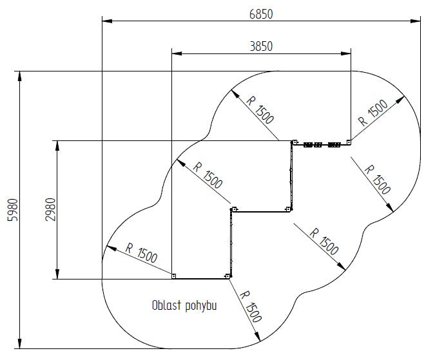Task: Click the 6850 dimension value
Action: pos(261,14)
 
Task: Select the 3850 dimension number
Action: pos(261,46)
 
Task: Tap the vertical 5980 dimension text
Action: pos(13,210)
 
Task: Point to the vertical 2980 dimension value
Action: pos(50,209)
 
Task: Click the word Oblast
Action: pos(166,305)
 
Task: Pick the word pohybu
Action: pos(201,307)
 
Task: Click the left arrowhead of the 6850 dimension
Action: pos(107,21)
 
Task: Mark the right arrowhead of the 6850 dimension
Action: pos(415,21)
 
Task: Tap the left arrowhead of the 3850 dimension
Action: pos(177,53)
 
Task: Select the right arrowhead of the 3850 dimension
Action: pos(345,53)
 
